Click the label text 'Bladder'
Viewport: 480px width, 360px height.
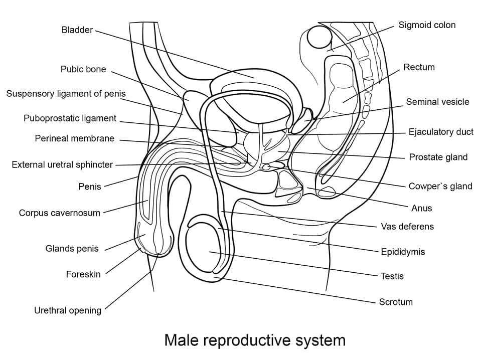77,30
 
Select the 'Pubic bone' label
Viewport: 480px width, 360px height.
83,70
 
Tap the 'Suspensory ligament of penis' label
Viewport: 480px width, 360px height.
66,94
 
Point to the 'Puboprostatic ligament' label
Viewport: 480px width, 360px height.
70,119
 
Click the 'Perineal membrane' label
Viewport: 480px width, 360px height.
74,138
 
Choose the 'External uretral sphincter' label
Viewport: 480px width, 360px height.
62,164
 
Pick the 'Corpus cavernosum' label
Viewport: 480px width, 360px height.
59,213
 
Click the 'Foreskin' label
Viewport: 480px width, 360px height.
83,274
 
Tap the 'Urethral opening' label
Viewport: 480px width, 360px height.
67,310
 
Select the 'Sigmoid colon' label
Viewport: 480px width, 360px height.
427,25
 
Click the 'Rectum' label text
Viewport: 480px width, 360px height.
419,67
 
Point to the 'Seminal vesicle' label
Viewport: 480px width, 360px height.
437,102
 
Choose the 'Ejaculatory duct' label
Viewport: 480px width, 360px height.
441,132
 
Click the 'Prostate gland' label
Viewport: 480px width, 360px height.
438,157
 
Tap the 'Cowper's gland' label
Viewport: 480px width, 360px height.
440,187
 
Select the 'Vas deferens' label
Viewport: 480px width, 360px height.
407,227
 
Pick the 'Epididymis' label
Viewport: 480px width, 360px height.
402,252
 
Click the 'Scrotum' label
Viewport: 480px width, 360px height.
396,302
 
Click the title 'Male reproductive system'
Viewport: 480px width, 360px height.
255,340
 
